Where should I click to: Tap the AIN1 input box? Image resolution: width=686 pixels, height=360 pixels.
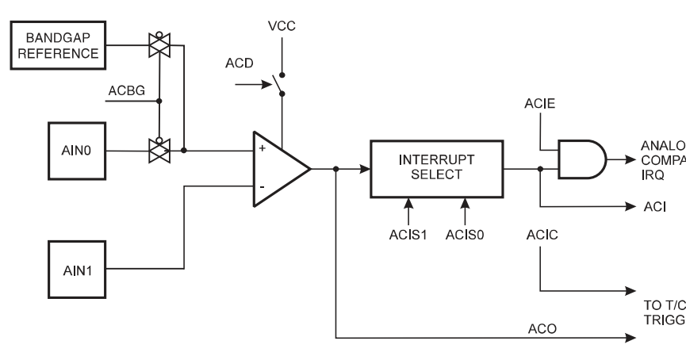pyautogui.click(x=76, y=269)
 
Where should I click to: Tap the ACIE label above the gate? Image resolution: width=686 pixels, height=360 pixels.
pyautogui.click(x=538, y=105)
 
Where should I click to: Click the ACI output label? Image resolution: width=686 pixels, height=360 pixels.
pyautogui.click(x=653, y=206)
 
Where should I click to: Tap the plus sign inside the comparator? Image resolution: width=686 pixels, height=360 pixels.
pyautogui.click(x=263, y=148)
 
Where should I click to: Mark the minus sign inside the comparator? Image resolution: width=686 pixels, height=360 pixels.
pyautogui.click(x=263, y=188)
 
